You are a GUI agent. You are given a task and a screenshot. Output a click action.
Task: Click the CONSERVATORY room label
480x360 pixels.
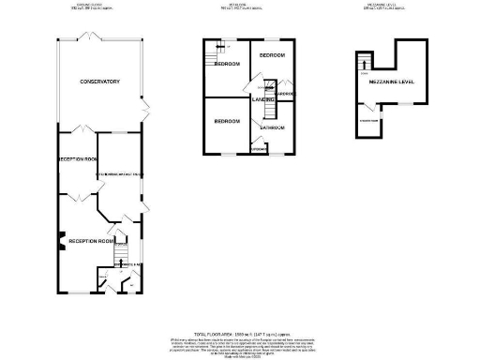(99, 82)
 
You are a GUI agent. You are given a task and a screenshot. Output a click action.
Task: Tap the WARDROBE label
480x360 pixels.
(286, 94)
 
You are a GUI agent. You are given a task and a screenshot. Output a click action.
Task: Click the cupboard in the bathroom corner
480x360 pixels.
(259, 147)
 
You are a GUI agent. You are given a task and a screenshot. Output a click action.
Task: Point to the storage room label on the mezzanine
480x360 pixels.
(368, 120)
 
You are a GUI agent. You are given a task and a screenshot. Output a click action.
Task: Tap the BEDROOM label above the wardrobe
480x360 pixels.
(273, 55)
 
